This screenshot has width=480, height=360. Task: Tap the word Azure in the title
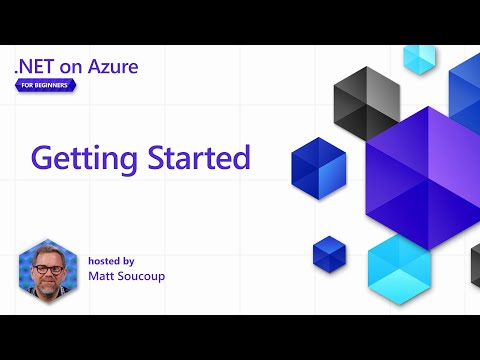tap(111, 67)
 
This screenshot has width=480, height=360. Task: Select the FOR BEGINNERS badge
tap(48, 85)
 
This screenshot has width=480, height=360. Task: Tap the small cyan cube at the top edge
tap(419, 58)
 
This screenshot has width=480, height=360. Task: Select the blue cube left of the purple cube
tap(318, 164)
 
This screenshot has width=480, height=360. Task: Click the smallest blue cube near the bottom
tap(328, 252)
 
